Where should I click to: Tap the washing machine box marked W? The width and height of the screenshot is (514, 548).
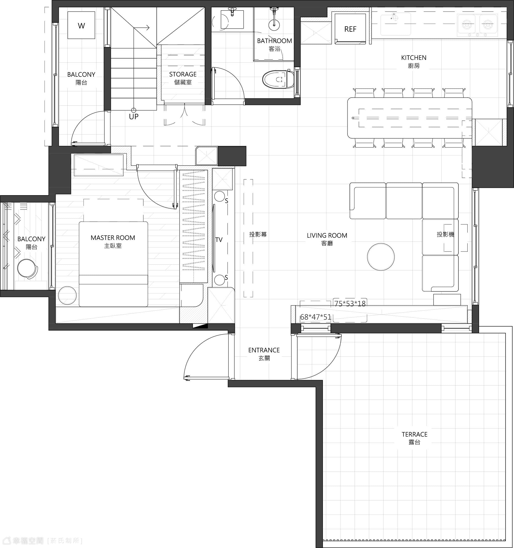coord(81,25)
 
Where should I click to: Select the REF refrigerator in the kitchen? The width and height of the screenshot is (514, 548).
coord(350,29)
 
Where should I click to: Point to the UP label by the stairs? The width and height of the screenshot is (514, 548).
coord(134,117)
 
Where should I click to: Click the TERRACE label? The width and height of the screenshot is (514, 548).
coord(414,434)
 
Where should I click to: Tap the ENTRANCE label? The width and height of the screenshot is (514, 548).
coord(264,350)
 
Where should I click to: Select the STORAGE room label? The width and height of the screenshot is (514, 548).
coord(183,74)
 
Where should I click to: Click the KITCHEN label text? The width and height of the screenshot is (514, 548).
coord(414,58)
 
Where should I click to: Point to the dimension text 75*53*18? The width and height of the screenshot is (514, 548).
coord(350,304)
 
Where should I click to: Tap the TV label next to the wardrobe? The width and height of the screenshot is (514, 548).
coord(219,240)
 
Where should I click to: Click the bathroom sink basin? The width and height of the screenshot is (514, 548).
coord(232,19)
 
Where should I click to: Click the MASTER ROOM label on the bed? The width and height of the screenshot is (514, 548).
coord(113,238)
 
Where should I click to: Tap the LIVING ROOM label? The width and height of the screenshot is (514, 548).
coord(327,235)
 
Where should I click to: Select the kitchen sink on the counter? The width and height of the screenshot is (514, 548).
coord(396,24)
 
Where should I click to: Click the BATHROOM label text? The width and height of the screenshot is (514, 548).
coord(275,41)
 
